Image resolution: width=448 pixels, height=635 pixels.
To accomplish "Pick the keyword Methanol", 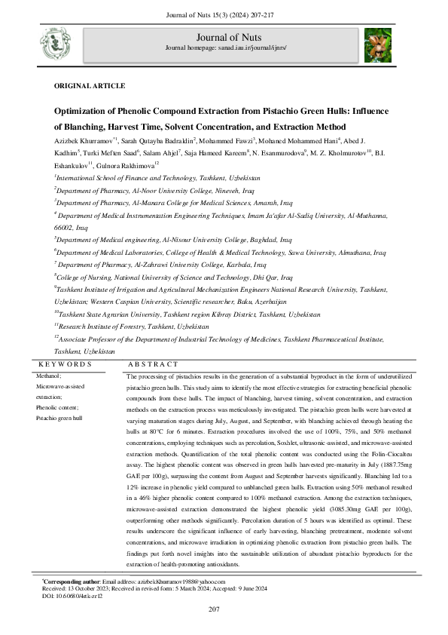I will [50, 375].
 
